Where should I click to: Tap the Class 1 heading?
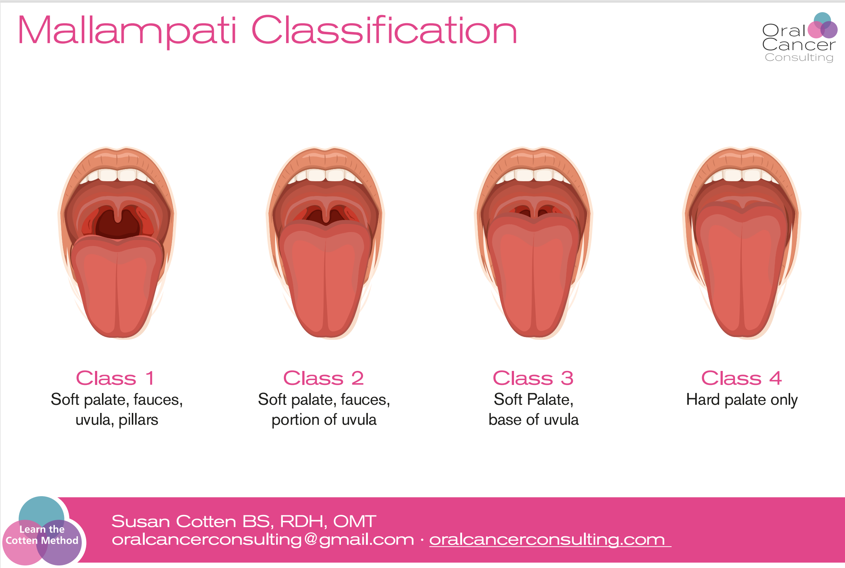click(115, 378)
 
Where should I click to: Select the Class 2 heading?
click(324, 378)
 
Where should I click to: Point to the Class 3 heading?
click(533, 378)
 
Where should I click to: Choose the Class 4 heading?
click(742, 378)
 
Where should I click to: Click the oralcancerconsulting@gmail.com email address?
click(263, 540)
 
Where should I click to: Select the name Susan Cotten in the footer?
click(174, 521)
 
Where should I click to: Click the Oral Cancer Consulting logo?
click(799, 38)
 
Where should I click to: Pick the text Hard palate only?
click(742, 400)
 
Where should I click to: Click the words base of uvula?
click(534, 420)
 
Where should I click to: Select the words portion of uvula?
click(324, 420)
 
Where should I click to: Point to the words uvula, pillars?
click(117, 420)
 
